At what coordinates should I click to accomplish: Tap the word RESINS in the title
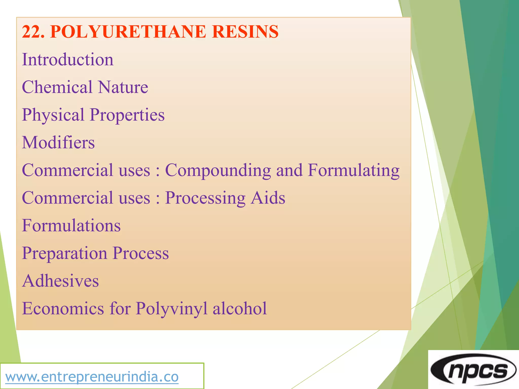(245, 32)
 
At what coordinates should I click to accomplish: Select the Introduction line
(68, 60)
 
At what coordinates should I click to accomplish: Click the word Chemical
(57, 87)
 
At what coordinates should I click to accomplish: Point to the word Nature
(123, 87)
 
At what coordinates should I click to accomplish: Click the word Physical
(53, 115)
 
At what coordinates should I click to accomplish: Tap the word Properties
(127, 115)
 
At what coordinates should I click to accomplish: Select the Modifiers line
(58, 143)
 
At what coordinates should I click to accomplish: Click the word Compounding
(218, 170)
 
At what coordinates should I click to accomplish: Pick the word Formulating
(354, 170)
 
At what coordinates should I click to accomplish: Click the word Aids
(268, 198)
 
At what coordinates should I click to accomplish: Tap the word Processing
(205, 198)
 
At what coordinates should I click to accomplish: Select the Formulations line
(71, 225)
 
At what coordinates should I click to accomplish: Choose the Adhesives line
(60, 281)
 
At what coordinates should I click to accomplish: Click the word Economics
(63, 308)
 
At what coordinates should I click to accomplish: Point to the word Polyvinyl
(172, 309)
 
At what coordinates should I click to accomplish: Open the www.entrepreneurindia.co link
(92, 377)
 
